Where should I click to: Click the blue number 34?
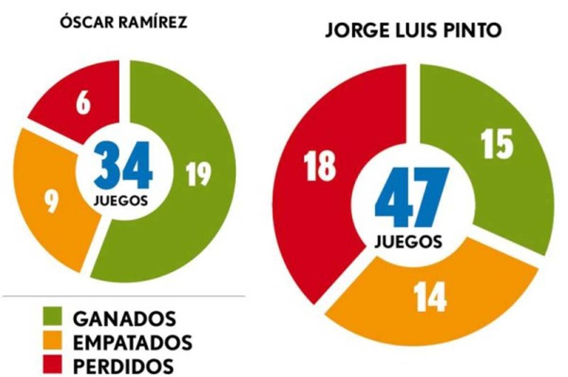point(124,166)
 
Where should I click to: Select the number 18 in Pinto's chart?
point(320,166)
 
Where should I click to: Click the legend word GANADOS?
point(124,318)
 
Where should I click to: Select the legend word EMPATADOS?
point(133,342)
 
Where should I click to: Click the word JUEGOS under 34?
point(120,200)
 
